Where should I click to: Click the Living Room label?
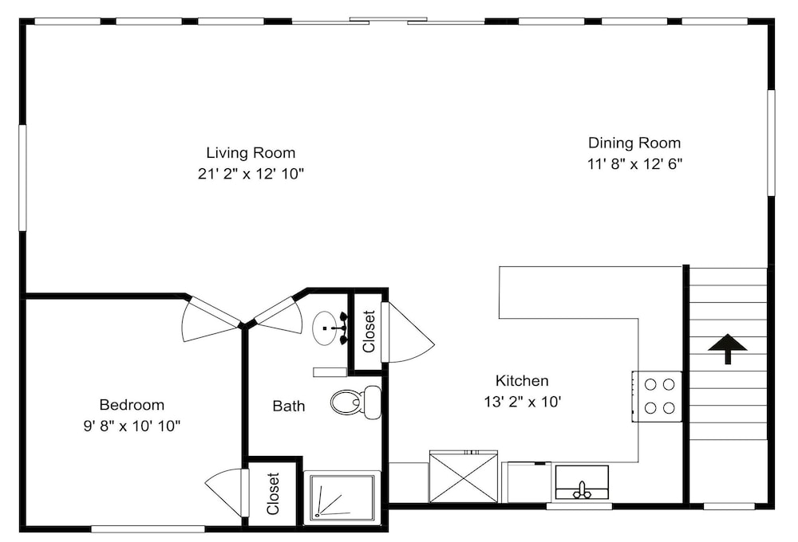point(251,152)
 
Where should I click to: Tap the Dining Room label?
point(634,143)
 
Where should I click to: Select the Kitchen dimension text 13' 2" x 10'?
point(522,403)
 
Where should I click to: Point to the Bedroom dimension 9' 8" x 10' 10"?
point(132,426)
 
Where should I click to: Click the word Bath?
point(289,406)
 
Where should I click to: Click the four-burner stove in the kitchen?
point(657,397)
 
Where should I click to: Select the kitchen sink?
point(582,482)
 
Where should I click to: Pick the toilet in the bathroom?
point(356,403)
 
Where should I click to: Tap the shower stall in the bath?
point(340,497)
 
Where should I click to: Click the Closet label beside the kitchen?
point(369,332)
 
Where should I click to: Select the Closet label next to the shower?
point(273,493)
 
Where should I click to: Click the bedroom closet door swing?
point(227,492)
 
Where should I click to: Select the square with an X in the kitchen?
point(463,477)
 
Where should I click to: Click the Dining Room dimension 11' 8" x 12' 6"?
point(634,164)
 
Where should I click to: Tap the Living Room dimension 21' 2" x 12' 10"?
point(251,175)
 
